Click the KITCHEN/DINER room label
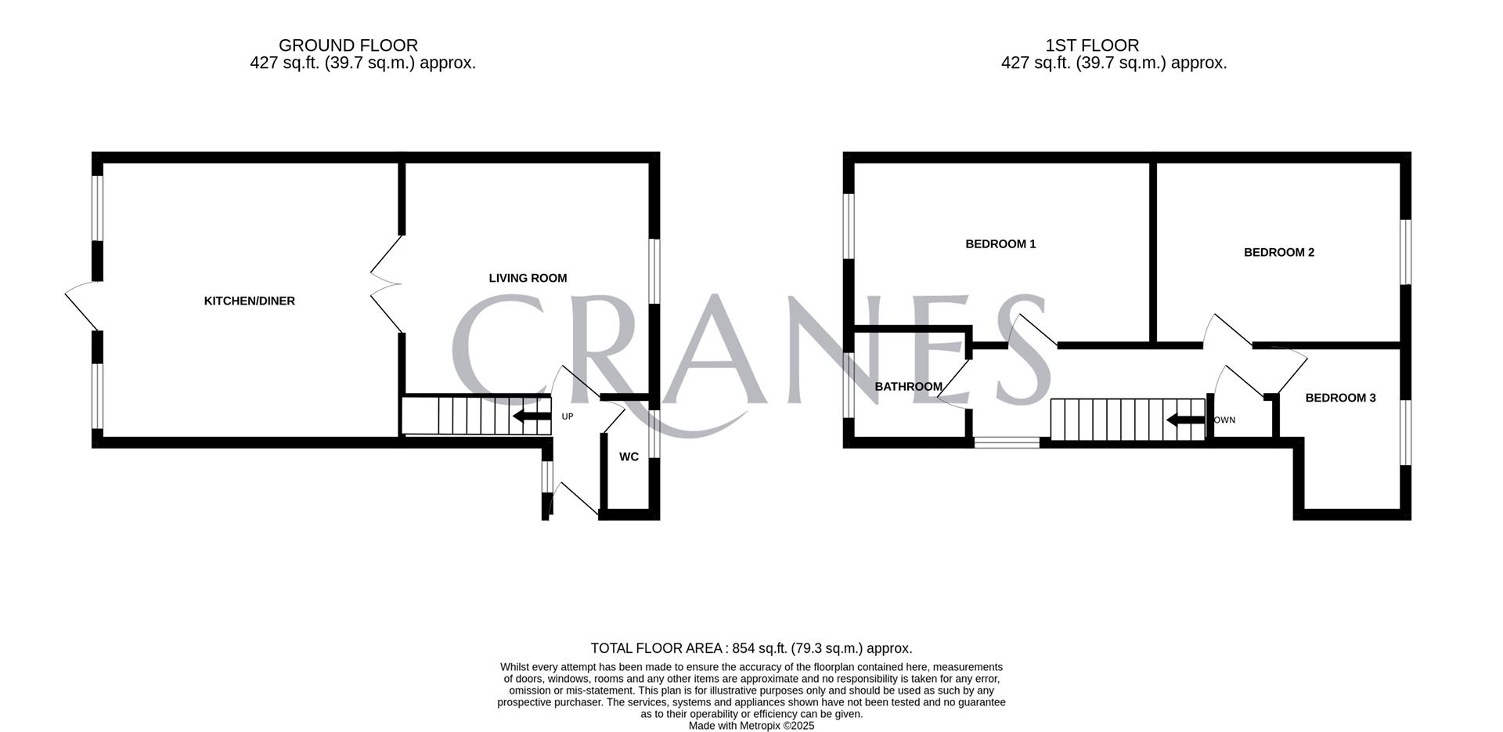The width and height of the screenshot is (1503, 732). (249, 301)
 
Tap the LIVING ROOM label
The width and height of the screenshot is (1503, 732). (528, 278)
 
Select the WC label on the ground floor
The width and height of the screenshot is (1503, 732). (629, 457)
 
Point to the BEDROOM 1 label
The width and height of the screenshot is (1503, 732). (1000, 244)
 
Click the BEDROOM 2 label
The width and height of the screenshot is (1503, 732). (1278, 253)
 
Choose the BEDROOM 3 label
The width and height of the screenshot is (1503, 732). (1340, 398)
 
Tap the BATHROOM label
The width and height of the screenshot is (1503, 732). (908, 387)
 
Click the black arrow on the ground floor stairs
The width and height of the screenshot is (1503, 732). (532, 416)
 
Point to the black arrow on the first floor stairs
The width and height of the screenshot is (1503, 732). (1185, 421)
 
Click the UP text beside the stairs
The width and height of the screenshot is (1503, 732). (568, 416)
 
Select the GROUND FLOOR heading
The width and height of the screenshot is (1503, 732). (348, 45)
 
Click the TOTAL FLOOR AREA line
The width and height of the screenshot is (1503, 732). (751, 648)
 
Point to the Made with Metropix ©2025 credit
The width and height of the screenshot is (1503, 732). (751, 726)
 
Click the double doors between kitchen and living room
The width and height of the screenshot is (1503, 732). (385, 283)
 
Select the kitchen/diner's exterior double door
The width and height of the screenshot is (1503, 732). (82, 305)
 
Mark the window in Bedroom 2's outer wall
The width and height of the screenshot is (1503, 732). (1405, 251)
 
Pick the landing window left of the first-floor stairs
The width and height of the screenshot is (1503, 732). (1007, 443)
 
